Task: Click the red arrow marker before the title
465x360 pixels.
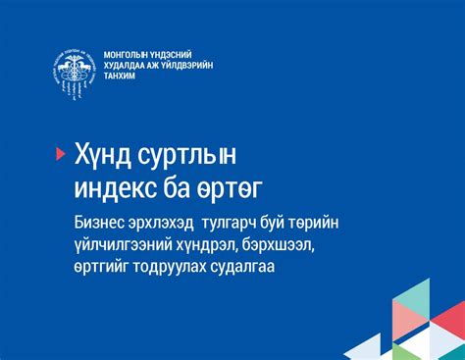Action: coord(60,152)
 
